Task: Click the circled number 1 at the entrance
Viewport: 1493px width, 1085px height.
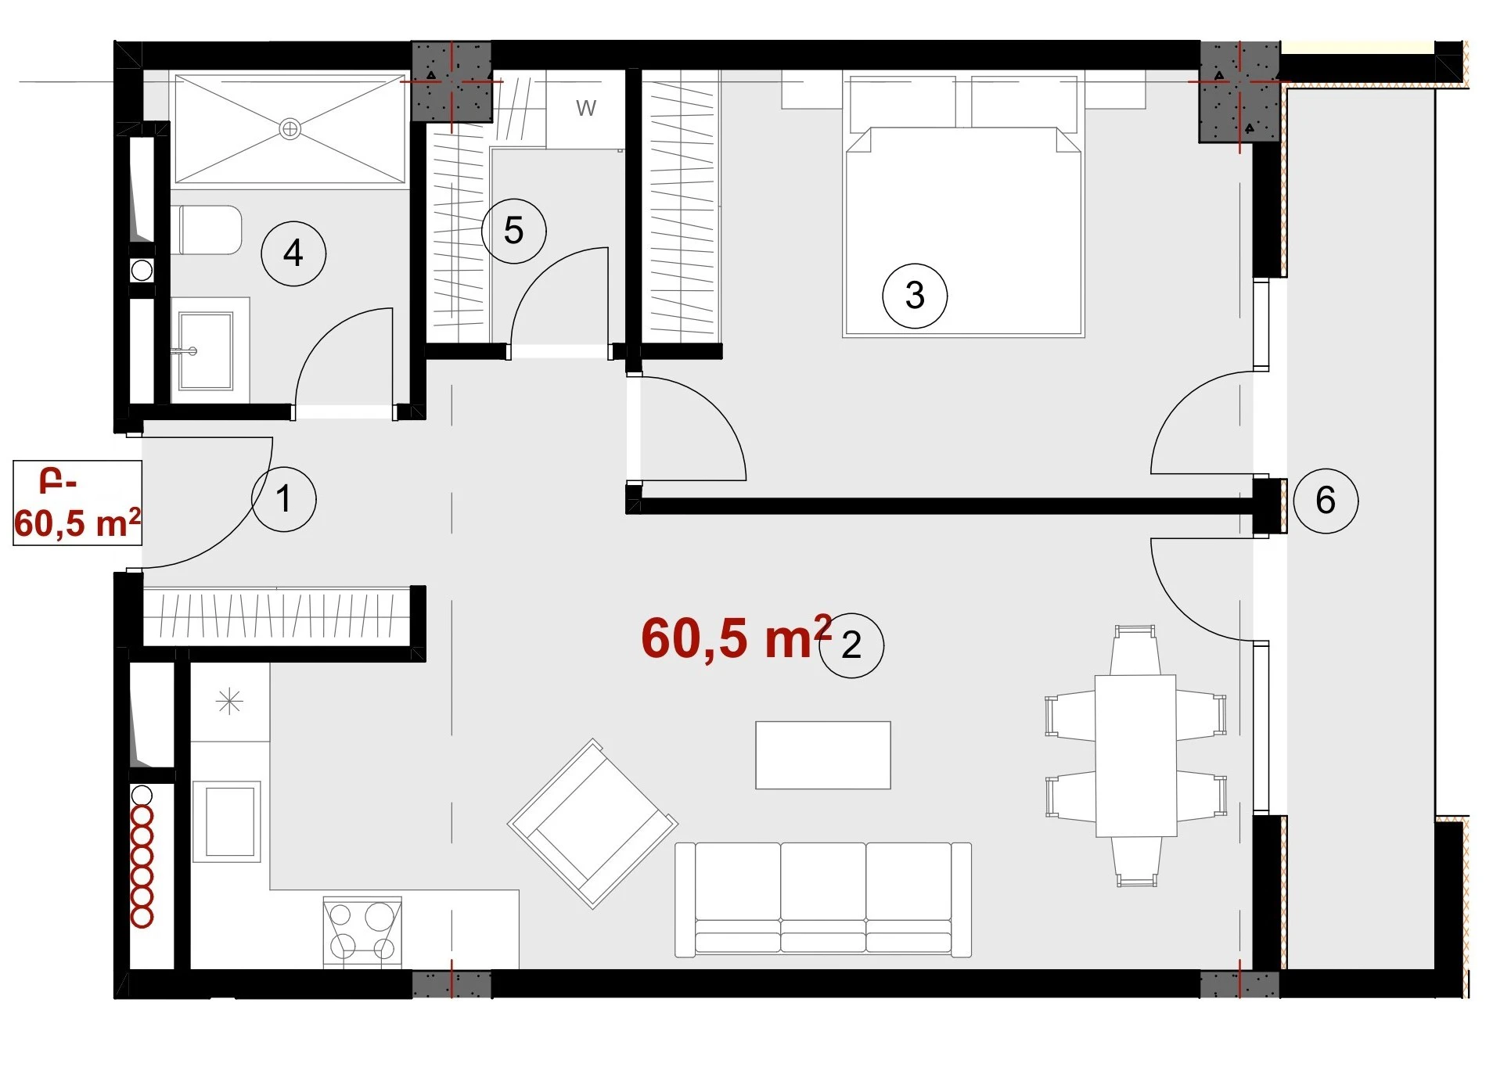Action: click(x=283, y=499)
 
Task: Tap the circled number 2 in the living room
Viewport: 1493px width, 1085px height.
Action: click(x=851, y=645)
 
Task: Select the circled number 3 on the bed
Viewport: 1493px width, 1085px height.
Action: click(x=914, y=296)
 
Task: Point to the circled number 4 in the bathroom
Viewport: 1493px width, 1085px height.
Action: click(x=293, y=253)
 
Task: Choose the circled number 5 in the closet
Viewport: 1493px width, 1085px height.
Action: click(x=513, y=231)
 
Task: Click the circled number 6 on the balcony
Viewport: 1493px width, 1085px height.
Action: click(x=1325, y=501)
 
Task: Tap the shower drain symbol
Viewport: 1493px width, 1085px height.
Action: click(x=290, y=129)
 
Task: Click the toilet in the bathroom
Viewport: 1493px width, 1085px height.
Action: click(x=207, y=230)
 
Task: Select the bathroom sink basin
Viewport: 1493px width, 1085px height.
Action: click(x=206, y=350)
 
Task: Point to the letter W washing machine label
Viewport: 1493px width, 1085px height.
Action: click(x=585, y=108)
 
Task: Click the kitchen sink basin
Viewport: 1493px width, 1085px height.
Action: click(x=228, y=821)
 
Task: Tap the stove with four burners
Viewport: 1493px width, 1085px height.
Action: click(x=362, y=932)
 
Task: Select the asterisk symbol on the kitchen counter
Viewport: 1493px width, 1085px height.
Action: click(x=229, y=702)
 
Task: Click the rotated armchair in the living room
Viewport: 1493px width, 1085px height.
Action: click(x=592, y=824)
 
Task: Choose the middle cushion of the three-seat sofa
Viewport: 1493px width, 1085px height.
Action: click(x=822, y=898)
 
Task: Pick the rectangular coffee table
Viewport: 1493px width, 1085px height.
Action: click(x=822, y=755)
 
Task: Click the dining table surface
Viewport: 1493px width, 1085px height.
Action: click(x=1135, y=756)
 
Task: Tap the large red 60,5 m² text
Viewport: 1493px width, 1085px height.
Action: click(x=736, y=638)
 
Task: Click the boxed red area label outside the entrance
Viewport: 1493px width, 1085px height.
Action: click(x=77, y=503)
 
